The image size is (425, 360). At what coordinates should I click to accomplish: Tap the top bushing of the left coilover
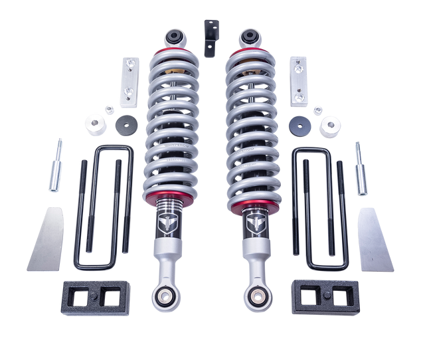pyautogui.click(x=177, y=36)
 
